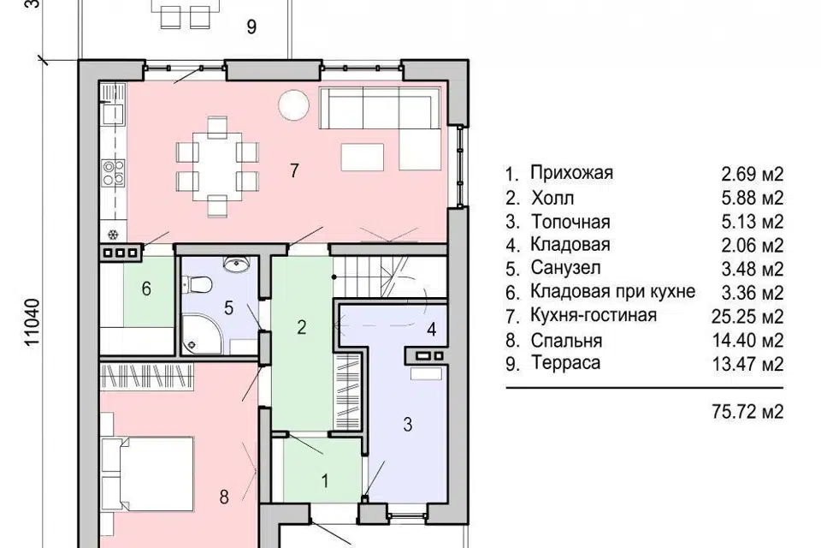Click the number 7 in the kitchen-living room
(294, 170)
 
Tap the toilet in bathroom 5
(197, 285)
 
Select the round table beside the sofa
(292, 105)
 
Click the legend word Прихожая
(571, 172)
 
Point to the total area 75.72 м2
(747, 412)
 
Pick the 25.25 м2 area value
(747, 316)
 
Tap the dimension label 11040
(32, 322)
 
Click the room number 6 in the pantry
(146, 288)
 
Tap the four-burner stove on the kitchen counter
(114, 173)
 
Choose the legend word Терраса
(565, 363)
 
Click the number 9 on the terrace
(251, 27)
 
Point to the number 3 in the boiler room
(408, 424)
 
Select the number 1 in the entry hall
(325, 480)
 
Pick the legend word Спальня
(566, 340)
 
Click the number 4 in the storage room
(431, 330)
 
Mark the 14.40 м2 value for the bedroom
(747, 340)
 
